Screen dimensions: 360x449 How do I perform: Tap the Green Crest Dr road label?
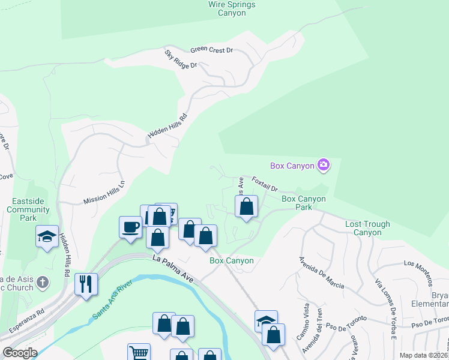[211, 50]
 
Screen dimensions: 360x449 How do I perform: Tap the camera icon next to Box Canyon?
[324, 164]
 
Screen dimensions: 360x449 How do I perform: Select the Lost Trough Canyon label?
[367, 228]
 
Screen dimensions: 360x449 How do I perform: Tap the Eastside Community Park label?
[28, 209]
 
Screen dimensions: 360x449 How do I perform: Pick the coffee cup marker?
[131, 227]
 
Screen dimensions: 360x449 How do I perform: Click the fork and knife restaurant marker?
[86, 283]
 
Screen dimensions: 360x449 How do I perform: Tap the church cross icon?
[42, 281]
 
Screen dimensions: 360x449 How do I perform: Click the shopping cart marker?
[139, 353]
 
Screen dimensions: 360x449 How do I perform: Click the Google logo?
[20, 353]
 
